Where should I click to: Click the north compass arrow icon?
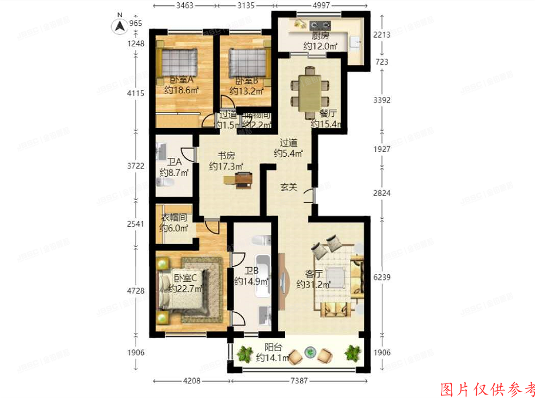point(119,25)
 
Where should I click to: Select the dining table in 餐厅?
point(309,92)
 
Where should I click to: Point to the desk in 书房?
point(239,180)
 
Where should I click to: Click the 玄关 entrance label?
point(288,188)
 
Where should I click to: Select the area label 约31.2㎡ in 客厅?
point(312,285)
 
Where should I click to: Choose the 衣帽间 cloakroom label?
point(174,217)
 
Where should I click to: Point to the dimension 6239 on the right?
point(382,276)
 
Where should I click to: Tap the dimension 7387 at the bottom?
point(300,381)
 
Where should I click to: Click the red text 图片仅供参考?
point(487,389)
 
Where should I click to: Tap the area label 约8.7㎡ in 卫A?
point(174,173)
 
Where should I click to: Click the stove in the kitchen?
point(321,25)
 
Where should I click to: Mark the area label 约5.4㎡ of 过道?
point(288,154)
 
